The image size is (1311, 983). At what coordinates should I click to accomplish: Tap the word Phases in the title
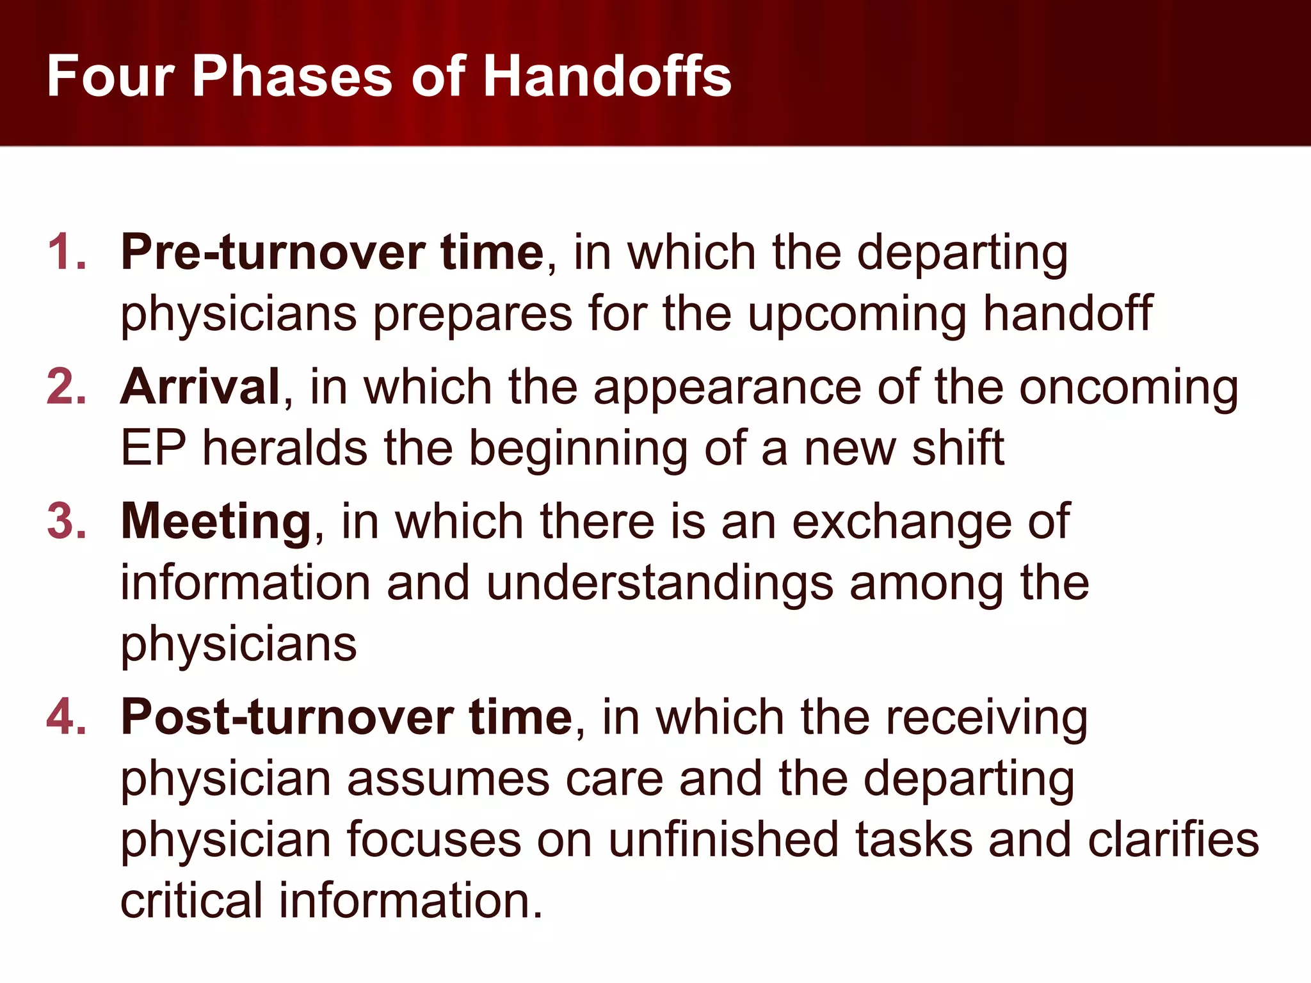click(292, 76)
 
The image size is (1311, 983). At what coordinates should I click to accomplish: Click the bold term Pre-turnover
click(273, 252)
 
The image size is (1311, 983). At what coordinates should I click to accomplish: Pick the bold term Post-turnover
click(287, 717)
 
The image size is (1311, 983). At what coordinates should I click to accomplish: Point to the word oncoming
click(1129, 389)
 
